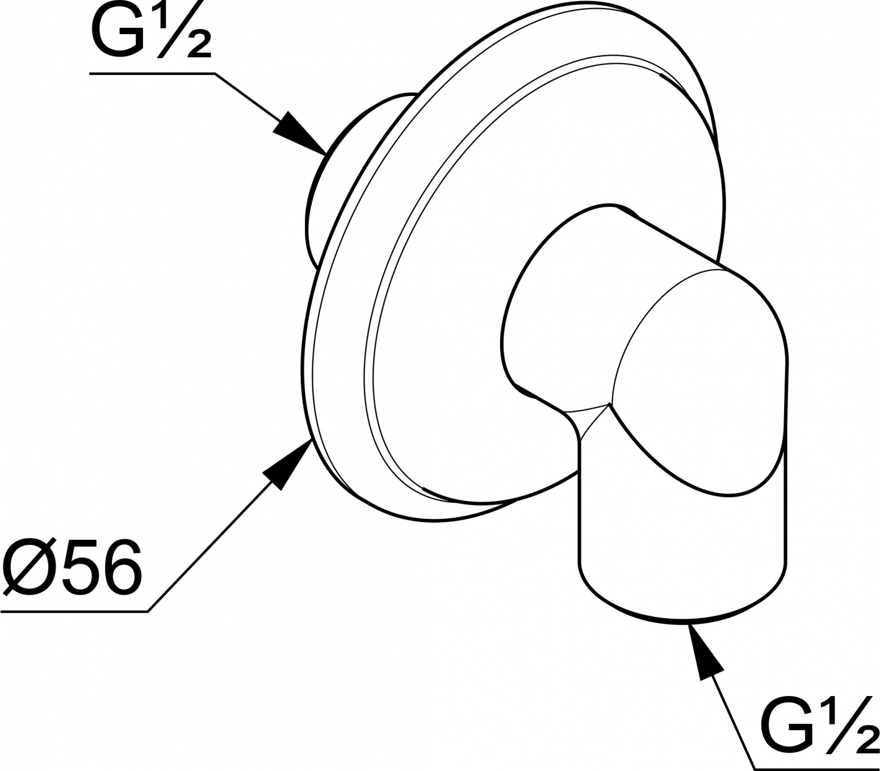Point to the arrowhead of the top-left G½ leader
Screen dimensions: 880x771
coord(300,134)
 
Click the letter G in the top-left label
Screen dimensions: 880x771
coord(117,31)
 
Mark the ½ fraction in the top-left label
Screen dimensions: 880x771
coord(181,30)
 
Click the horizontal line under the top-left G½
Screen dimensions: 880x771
coord(152,74)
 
